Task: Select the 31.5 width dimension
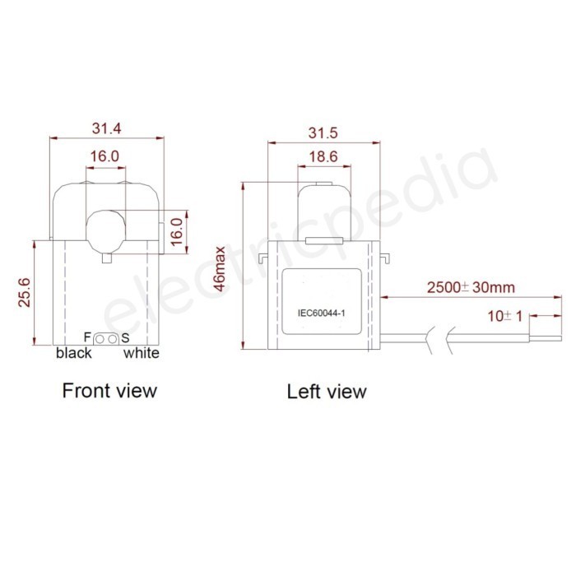coord(323,133)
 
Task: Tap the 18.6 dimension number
coord(323,156)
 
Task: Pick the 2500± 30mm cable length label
coord(471,287)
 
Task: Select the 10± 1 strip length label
coord(504,315)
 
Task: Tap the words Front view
coord(109,389)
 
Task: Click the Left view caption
coord(327,391)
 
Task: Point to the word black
coord(73,354)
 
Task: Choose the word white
coord(141,354)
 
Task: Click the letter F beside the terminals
coord(88,337)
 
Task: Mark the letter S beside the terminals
coord(125,338)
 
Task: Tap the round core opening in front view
coord(105,228)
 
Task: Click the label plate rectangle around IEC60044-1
coord(322,301)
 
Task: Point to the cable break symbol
coord(439,336)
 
